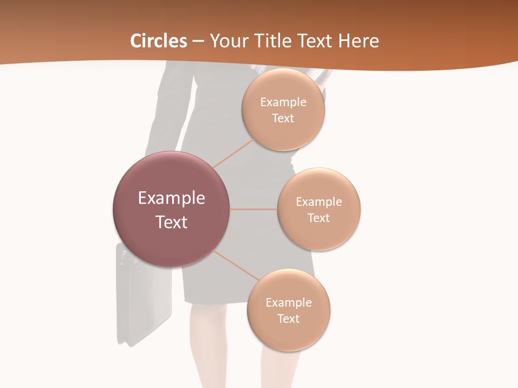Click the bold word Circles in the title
[159, 41]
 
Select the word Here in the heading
[360, 41]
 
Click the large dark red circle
[171, 209]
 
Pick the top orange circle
[283, 109]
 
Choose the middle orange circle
[319, 209]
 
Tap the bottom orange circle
[289, 310]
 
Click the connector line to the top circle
[233, 153]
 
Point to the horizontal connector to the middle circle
[254, 209]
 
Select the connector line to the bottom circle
[236, 266]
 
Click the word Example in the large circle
[172, 198]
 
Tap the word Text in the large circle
[172, 222]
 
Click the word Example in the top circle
[283, 102]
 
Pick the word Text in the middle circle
[318, 218]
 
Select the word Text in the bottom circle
[288, 318]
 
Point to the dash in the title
[199, 41]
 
